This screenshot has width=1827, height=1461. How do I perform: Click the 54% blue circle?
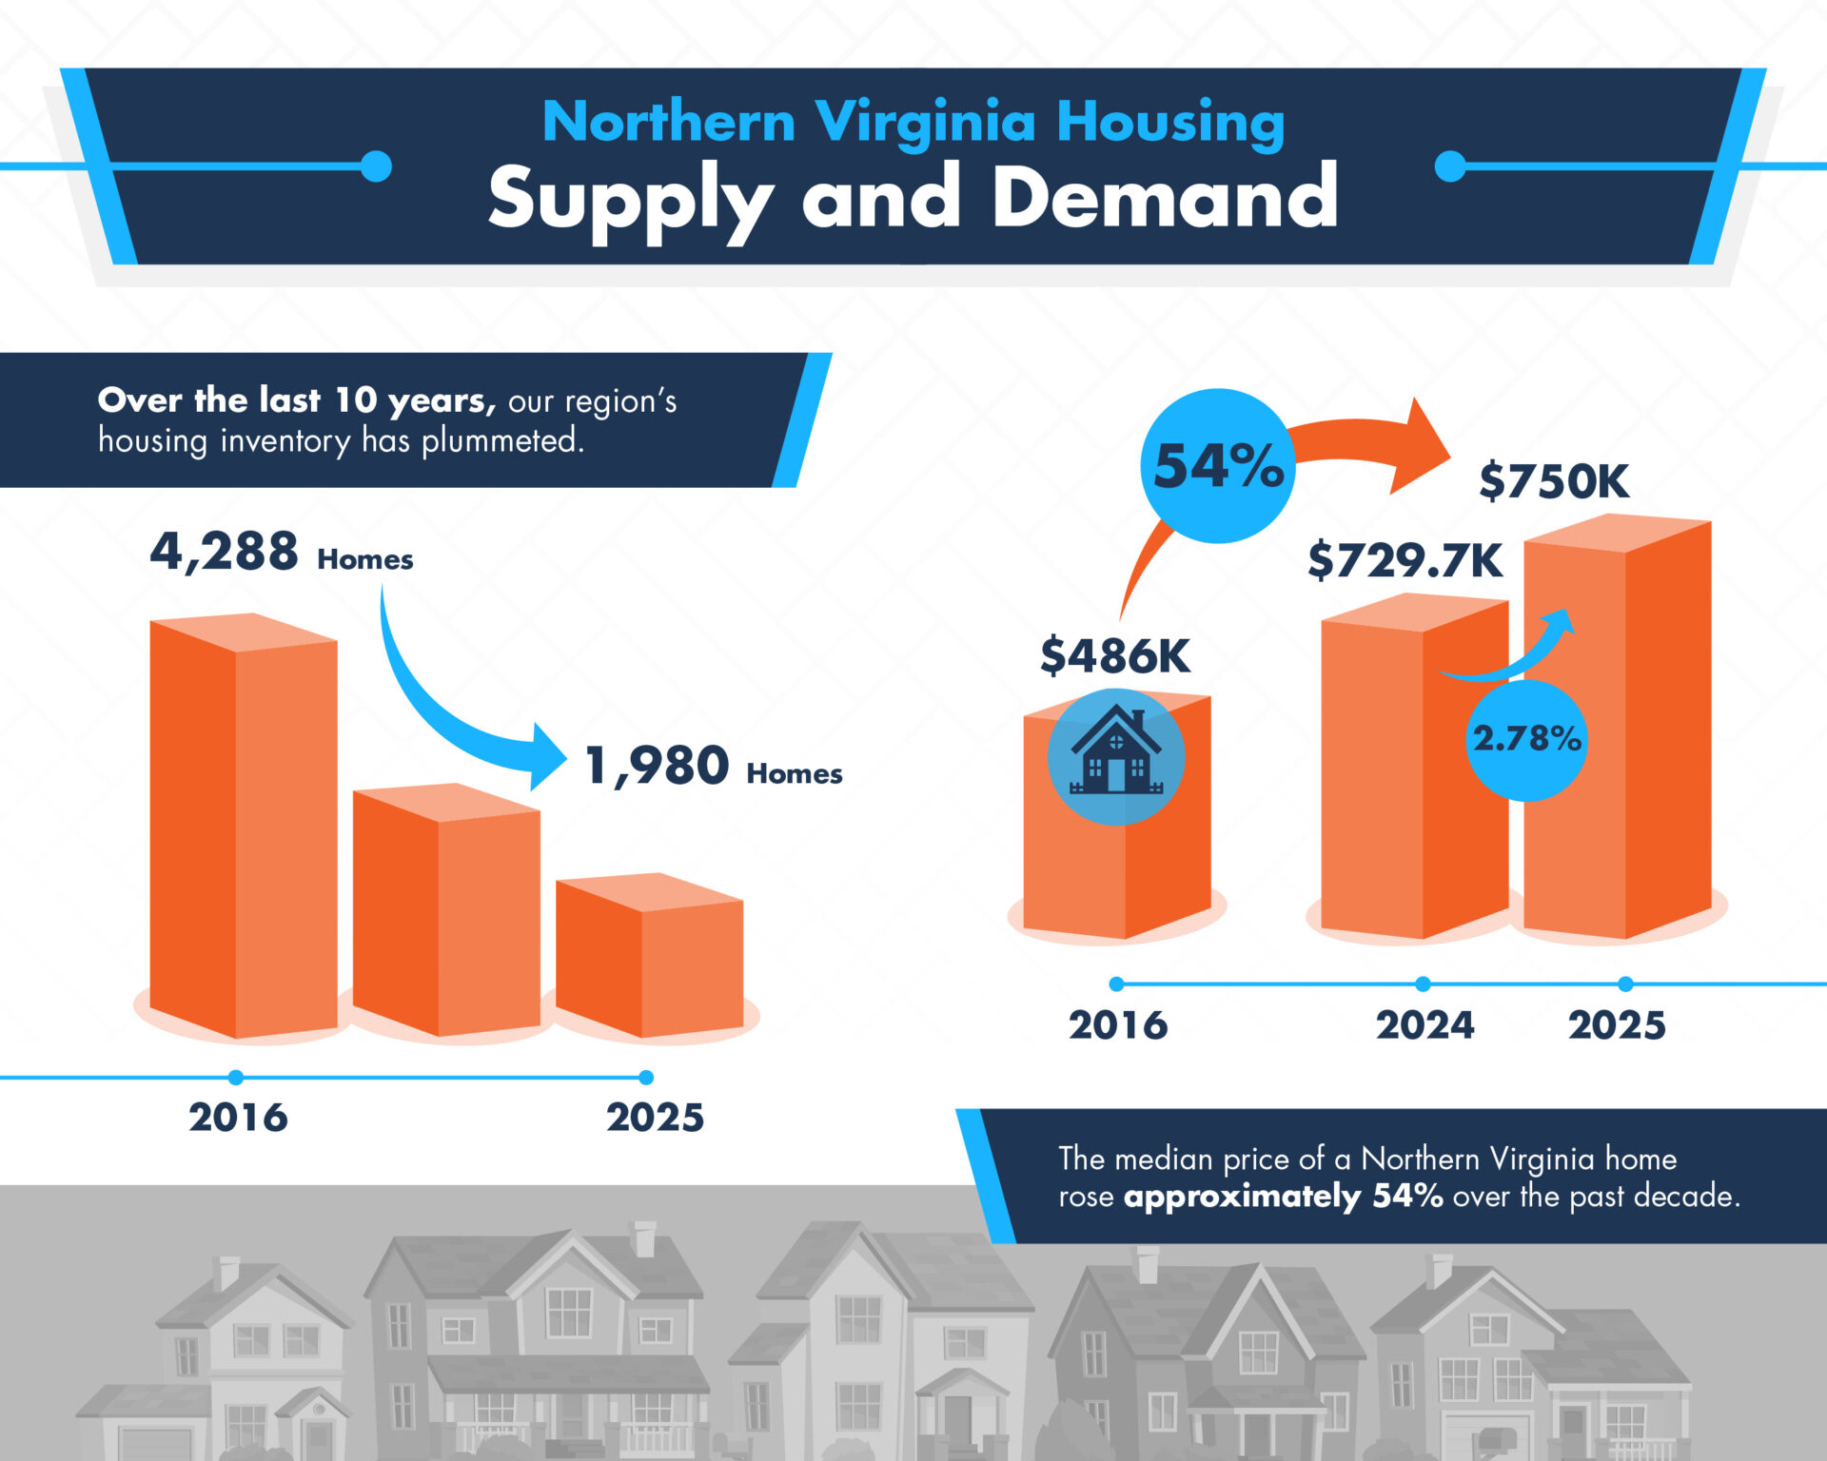tap(1217, 466)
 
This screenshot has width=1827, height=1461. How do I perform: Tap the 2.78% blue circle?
tap(1526, 739)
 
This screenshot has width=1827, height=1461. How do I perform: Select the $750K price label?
tap(1553, 481)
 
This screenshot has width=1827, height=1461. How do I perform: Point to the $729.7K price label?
tap(1405, 560)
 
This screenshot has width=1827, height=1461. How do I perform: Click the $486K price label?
tap(1114, 656)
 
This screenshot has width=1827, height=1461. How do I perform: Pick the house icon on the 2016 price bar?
tap(1115, 756)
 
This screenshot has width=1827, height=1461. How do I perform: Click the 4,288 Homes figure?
tap(281, 553)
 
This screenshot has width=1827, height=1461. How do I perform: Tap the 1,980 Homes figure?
tap(713, 768)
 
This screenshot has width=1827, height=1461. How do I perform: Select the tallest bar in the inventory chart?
tap(244, 828)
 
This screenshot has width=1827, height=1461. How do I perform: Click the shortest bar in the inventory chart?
tap(650, 956)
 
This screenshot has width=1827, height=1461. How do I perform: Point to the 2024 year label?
tap(1424, 1025)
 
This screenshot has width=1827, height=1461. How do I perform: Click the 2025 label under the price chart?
tap(1617, 1025)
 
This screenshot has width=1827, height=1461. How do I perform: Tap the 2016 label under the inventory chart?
tap(238, 1118)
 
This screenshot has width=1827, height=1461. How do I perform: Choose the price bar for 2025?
tap(1618, 728)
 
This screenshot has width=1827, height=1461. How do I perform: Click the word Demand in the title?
tap(1165, 198)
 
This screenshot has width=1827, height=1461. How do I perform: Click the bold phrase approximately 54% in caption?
tap(1283, 1197)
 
